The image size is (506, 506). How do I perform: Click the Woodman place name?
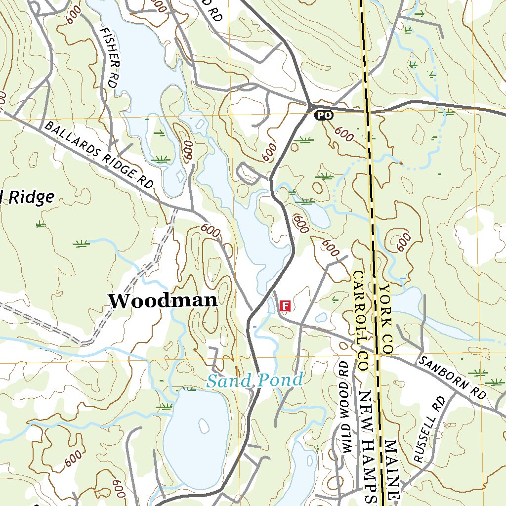(163, 300)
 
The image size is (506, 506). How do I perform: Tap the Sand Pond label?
(254, 380)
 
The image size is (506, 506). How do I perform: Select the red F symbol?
(285, 305)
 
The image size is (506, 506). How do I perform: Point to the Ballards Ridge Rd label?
(99, 154)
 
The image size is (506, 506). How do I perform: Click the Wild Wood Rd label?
(344, 406)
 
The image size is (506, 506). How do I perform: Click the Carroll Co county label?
(359, 321)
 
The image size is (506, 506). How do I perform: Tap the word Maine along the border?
(391, 469)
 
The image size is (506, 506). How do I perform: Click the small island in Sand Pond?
(203, 425)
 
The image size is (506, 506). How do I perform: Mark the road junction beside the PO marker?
(310, 105)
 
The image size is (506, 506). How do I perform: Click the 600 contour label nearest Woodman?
(211, 230)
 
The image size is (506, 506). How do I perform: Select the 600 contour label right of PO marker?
(344, 134)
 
